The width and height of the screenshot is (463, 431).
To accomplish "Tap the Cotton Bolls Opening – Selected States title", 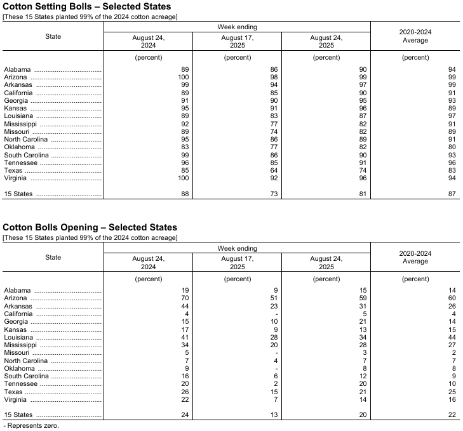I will (90, 227).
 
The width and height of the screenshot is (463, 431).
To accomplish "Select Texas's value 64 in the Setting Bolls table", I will (274, 171).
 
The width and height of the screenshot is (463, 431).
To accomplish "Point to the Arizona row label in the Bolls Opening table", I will (16, 298).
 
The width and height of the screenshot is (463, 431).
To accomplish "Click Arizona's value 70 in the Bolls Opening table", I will (185, 298).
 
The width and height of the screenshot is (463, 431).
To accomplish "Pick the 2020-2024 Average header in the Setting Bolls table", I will (415, 36).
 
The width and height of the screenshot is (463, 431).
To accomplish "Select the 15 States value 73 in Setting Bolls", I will (274, 194).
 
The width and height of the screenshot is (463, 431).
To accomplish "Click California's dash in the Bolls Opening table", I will (277, 314).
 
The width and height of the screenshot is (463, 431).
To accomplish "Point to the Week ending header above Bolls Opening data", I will (238, 249).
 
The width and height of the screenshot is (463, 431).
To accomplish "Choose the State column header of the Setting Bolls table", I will (53, 36).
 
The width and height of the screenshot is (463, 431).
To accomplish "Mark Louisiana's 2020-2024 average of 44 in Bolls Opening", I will (452, 338).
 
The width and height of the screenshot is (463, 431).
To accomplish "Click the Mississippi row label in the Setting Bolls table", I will (22, 124).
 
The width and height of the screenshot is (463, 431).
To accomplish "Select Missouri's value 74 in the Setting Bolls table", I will (274, 131).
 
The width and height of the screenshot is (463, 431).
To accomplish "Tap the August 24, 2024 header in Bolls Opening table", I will (149, 263).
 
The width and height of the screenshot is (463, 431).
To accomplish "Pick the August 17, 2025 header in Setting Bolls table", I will (238, 42).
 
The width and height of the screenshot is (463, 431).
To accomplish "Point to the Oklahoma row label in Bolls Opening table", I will (19, 369).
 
